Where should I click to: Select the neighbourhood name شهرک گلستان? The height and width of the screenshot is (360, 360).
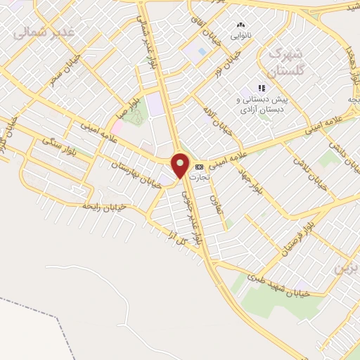[287, 61]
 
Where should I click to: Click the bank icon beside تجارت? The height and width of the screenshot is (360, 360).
[200, 167]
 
